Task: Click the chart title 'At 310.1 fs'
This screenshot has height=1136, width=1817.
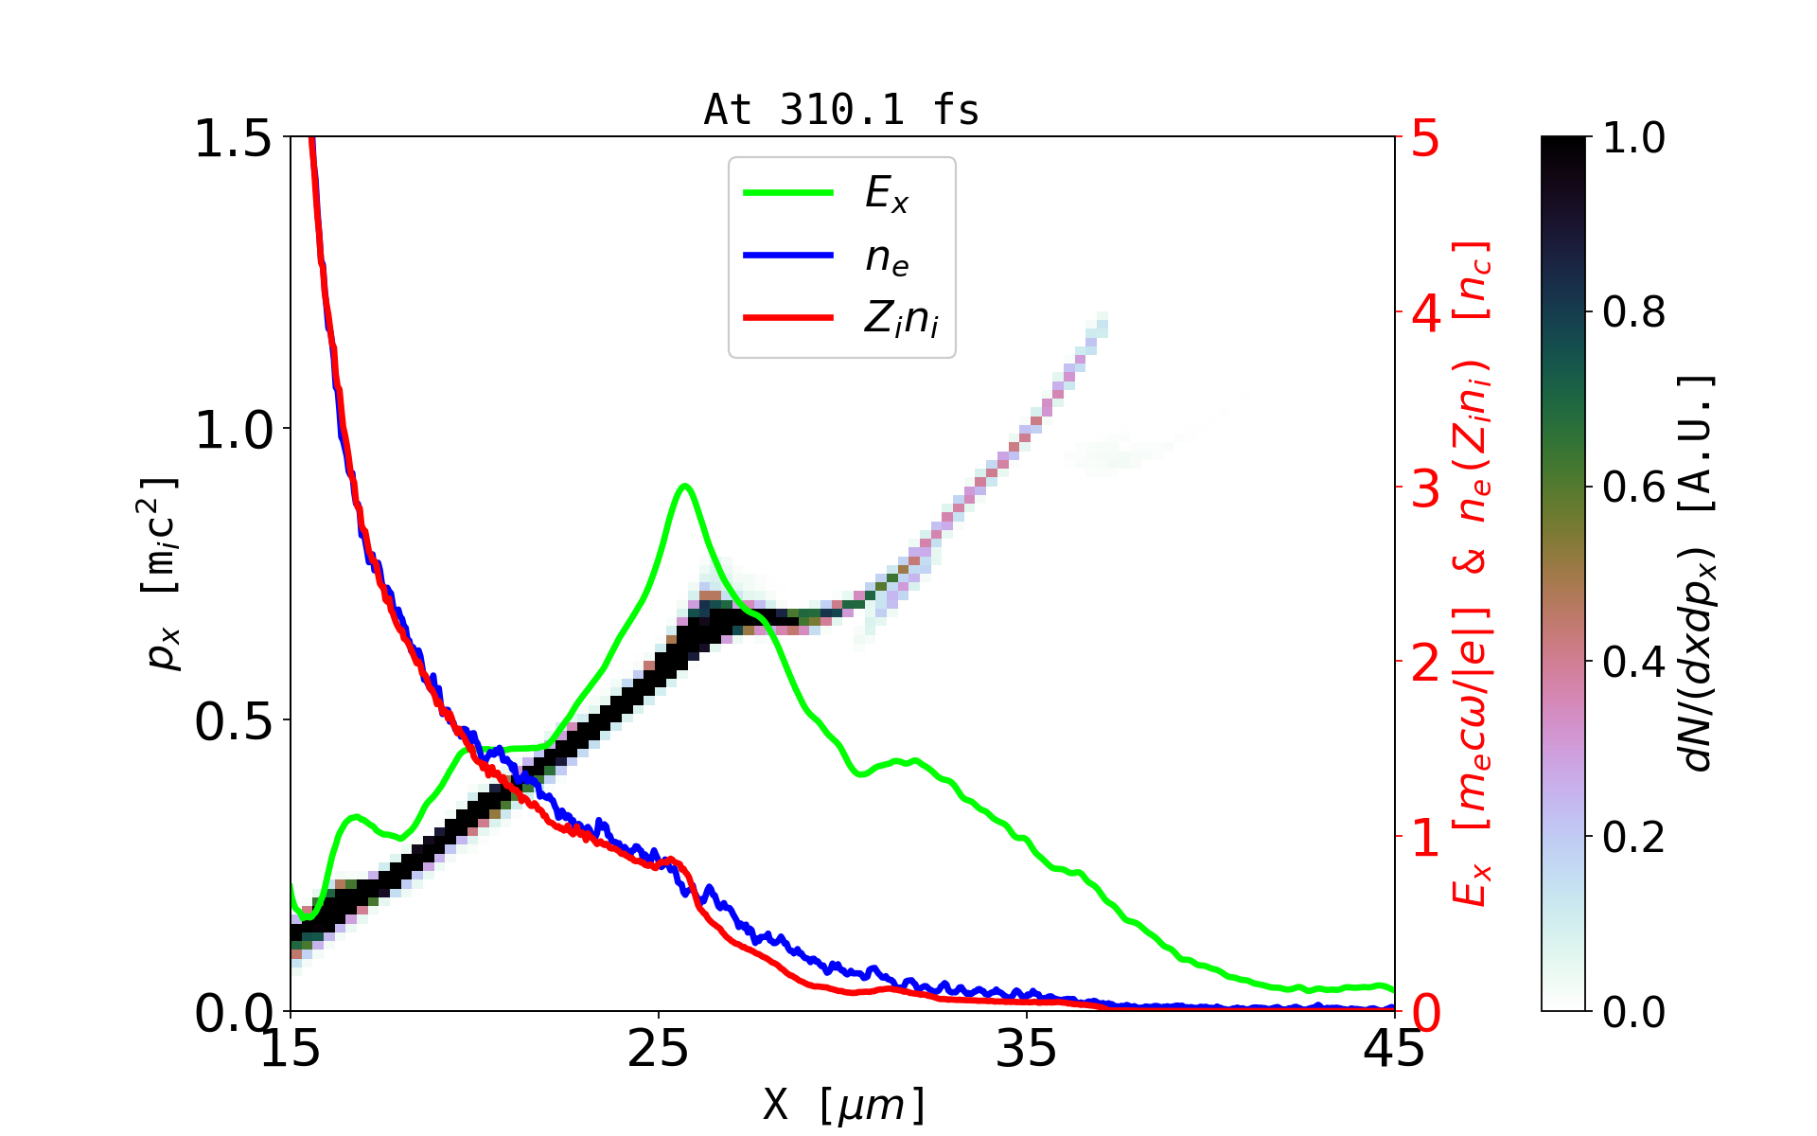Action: (841, 110)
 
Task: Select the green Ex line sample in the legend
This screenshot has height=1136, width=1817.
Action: (788, 193)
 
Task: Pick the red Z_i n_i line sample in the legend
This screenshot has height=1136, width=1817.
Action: (788, 317)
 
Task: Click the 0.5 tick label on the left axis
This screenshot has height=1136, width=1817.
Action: (232, 721)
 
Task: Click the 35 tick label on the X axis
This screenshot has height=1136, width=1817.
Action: (1027, 1049)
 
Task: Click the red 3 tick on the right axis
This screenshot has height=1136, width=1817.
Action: (1425, 488)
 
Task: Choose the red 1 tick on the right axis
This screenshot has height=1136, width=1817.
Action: (1425, 837)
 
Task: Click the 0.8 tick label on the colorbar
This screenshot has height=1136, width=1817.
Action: (1633, 311)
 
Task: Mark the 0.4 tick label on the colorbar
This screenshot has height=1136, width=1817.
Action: (1633, 662)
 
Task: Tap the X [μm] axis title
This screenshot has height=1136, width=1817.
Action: (843, 1104)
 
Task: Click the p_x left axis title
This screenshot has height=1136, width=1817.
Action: (161, 574)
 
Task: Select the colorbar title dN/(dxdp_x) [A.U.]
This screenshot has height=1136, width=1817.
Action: (1698, 574)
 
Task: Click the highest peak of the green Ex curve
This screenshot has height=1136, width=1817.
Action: (685, 486)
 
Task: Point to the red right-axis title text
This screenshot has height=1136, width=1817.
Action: (1473, 574)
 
